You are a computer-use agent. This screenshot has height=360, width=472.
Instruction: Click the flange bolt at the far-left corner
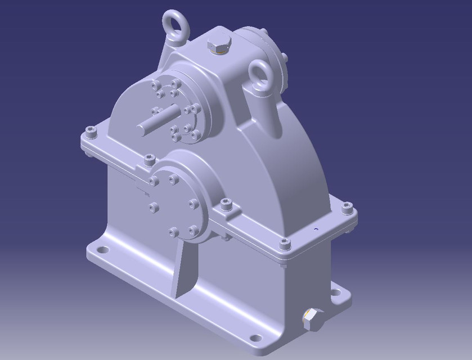coord(91,133)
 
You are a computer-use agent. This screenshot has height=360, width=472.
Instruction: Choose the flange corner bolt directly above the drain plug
coord(285,244)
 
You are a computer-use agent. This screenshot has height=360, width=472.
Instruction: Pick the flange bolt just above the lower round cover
coord(149,160)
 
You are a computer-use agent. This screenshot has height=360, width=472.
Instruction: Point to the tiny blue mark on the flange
coord(316,229)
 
